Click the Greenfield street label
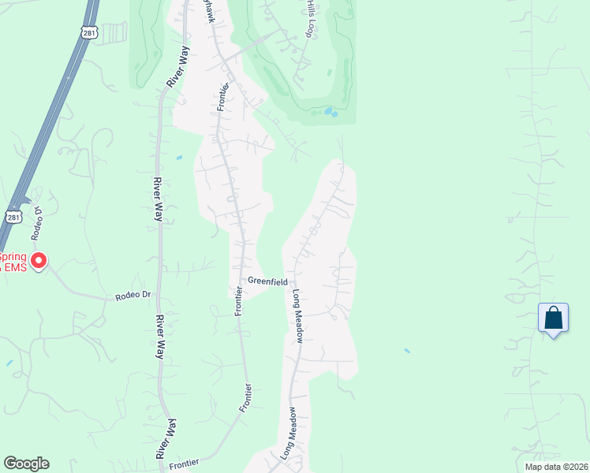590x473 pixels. click(267, 281)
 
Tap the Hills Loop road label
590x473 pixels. click(310, 18)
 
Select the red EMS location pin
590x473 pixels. click(38, 260)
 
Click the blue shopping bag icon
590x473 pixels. click(553, 318)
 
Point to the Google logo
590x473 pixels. click(26, 464)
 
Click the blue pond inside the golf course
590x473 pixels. click(330, 113)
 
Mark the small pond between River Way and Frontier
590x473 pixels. click(179, 158)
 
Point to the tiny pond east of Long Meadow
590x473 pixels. click(406, 350)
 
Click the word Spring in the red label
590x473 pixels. click(12, 257)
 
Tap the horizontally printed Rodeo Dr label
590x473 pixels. click(133, 296)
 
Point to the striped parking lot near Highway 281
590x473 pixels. click(114, 33)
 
